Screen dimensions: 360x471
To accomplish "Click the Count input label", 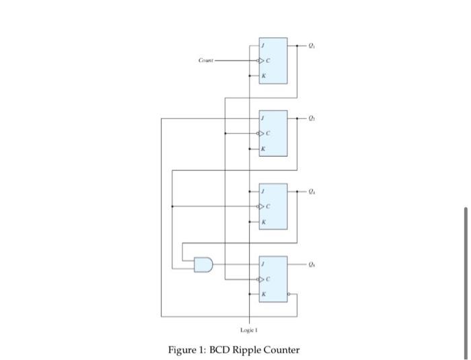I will (205, 61).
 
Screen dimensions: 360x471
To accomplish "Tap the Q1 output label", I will (310, 46).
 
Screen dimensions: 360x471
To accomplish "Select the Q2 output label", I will (310, 118).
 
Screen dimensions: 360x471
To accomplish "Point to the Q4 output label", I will (310, 191).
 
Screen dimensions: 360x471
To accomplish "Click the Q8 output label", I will (310, 264).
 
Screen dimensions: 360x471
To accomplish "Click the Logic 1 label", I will (249, 330).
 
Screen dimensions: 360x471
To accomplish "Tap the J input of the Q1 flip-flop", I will (264, 46).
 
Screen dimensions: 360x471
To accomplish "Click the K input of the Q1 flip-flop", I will (264, 75).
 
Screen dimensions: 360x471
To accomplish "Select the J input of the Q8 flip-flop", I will (264, 264).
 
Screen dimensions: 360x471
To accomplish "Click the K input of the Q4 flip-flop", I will (264, 221).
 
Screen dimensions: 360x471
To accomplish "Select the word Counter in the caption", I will (281, 350).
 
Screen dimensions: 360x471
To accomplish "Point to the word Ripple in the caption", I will (247, 350).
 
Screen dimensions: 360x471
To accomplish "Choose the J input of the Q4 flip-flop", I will (264, 191).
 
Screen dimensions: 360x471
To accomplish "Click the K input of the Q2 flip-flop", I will (264, 148).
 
